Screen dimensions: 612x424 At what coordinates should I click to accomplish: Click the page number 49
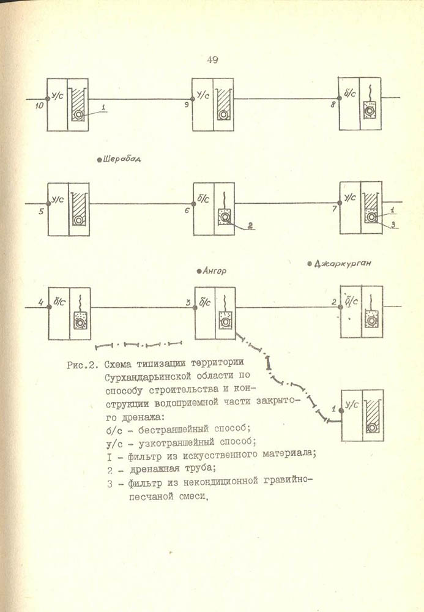[213, 59]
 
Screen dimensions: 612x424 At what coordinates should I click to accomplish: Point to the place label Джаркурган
[344, 264]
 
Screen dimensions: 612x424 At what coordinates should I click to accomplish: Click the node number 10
[39, 106]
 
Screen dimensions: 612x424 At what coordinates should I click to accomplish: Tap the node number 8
[333, 105]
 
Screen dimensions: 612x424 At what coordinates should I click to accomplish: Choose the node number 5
[40, 212]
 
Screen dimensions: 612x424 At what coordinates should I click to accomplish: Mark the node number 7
[334, 209]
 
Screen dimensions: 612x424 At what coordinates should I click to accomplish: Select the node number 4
[40, 302]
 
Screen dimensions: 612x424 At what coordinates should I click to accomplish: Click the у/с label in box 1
[352, 405]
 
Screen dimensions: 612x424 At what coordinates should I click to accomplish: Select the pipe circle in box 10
[78, 114]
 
